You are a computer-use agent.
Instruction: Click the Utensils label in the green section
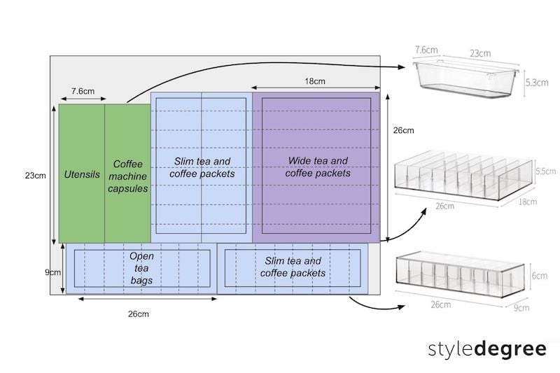coord(81,173)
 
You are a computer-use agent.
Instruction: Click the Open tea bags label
coord(141,268)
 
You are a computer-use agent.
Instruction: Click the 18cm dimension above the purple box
coord(314,81)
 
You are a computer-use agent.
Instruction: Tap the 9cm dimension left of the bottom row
coord(53,272)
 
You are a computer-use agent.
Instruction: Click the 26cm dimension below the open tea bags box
coord(138,314)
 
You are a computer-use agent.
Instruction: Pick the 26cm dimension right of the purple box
coord(403,130)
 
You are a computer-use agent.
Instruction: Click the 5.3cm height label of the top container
coord(537,83)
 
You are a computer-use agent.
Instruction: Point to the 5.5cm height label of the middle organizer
coord(544,171)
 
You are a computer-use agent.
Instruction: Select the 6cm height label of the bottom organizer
coord(540,276)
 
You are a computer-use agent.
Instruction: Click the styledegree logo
coord(488,348)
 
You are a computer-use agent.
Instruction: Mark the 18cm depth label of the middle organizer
coord(527,202)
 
